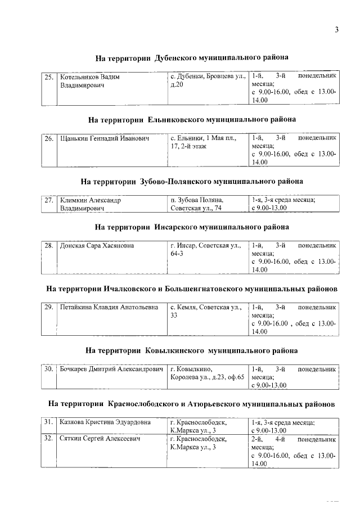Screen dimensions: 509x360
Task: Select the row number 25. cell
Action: [x=49, y=76]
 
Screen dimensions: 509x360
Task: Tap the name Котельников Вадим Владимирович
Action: [x=90, y=81]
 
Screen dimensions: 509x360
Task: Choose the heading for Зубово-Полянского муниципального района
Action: [x=192, y=181]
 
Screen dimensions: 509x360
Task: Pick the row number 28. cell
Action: [x=49, y=246]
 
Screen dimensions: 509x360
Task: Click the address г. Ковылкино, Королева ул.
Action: [x=207, y=373]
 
